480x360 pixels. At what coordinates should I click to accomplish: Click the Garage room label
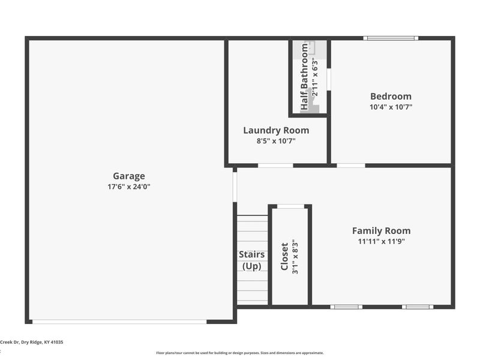click(x=129, y=176)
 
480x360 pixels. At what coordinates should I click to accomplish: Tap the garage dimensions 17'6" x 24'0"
click(x=129, y=187)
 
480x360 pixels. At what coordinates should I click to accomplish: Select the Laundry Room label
click(x=276, y=130)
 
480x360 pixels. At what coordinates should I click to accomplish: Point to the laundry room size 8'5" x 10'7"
click(x=276, y=141)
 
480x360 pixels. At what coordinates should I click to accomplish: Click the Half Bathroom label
click(x=304, y=77)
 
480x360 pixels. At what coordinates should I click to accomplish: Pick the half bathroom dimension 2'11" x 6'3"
click(x=314, y=77)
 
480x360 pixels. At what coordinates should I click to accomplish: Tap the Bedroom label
click(x=391, y=97)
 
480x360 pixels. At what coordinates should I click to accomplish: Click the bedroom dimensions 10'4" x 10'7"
click(x=391, y=107)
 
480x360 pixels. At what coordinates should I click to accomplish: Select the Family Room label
click(x=382, y=230)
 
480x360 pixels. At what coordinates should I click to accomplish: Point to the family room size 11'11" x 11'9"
click(x=382, y=241)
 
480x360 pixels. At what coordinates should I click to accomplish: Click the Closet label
click(x=284, y=257)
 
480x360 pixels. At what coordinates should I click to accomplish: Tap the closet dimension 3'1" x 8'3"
click(x=295, y=257)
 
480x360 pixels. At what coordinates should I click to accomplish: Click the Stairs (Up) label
click(x=251, y=260)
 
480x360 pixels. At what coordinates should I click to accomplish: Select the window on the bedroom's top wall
click(x=391, y=38)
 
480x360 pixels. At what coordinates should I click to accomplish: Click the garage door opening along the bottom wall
click(x=119, y=322)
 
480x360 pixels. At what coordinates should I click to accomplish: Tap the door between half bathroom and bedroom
click(x=329, y=79)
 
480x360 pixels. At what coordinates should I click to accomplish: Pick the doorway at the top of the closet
click(x=290, y=206)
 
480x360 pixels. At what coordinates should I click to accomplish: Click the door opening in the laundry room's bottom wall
click(x=275, y=166)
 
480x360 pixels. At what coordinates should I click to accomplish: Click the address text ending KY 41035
click(x=32, y=342)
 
